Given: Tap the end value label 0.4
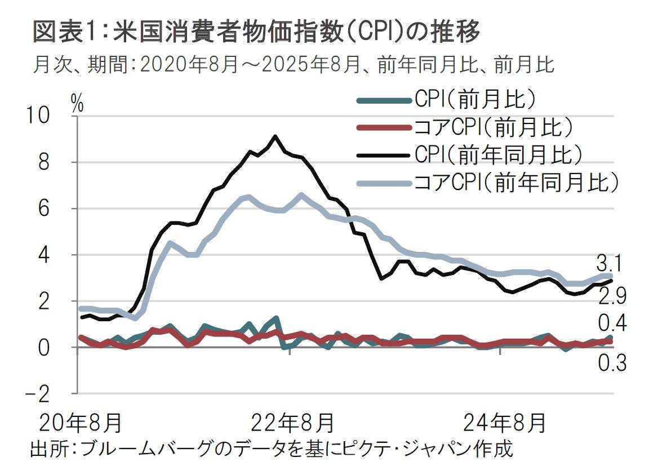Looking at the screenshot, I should tap(612, 324).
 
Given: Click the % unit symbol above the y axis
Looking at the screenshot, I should tap(77, 103).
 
